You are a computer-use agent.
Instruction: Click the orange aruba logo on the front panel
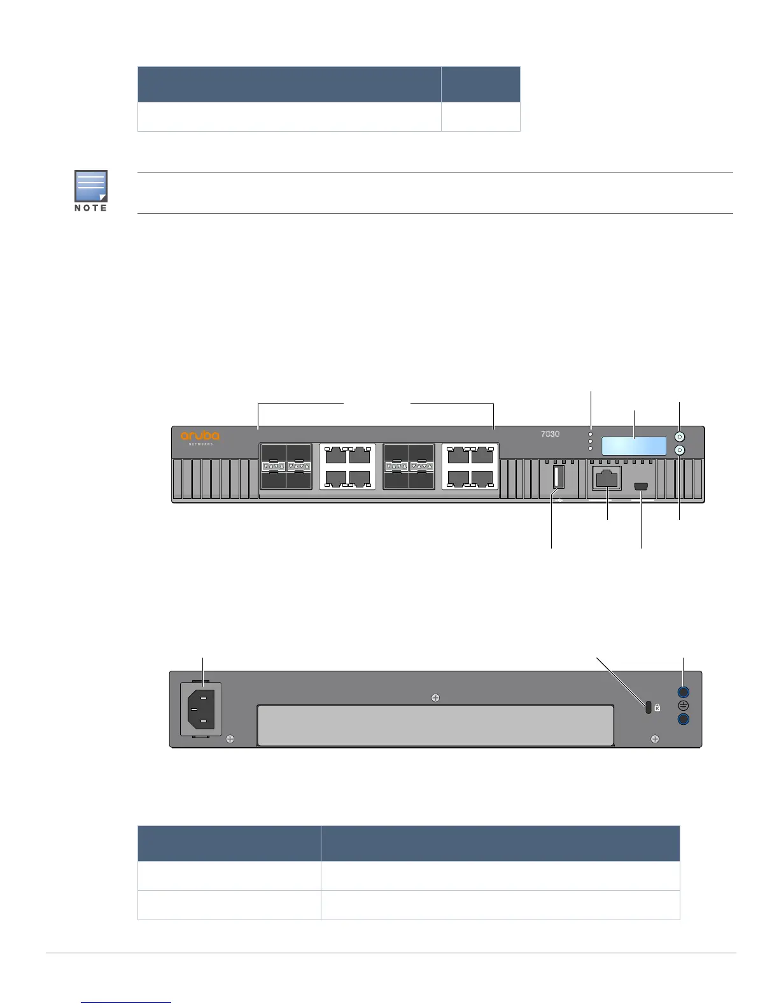[x=200, y=436]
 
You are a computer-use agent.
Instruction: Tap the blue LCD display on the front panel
[x=634, y=445]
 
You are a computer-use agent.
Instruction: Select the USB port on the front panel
[x=558, y=477]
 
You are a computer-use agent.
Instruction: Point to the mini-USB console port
[x=641, y=487]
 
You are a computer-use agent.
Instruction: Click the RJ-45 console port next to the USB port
[x=607, y=479]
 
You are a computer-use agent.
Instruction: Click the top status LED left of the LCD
[x=591, y=434]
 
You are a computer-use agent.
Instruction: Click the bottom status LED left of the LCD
[x=591, y=448]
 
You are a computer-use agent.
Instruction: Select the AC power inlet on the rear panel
[x=201, y=708]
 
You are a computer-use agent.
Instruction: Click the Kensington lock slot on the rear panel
[x=648, y=708]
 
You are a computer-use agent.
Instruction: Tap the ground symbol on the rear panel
[x=683, y=706]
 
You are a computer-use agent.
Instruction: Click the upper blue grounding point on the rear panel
[x=683, y=692]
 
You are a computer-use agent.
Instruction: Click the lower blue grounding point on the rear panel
[x=683, y=719]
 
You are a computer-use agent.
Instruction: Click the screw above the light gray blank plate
[x=435, y=697]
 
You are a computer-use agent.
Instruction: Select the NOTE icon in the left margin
[x=90, y=186]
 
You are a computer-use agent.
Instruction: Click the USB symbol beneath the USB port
[x=558, y=499]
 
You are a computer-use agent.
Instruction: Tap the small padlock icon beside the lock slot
[x=657, y=707]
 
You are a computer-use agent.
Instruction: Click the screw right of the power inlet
[x=230, y=739]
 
